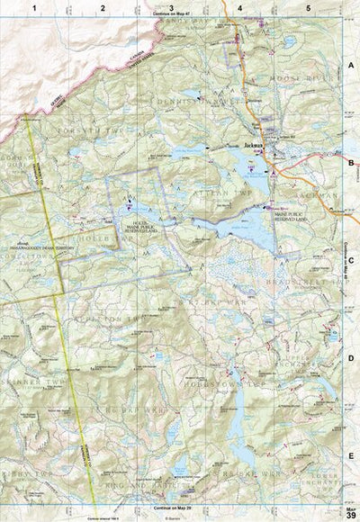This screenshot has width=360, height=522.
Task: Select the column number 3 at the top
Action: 171,7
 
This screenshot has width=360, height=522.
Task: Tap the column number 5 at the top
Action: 308,7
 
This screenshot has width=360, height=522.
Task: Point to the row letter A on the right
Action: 350,66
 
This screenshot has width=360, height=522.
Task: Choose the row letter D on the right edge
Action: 350,357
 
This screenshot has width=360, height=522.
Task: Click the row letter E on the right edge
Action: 350,455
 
